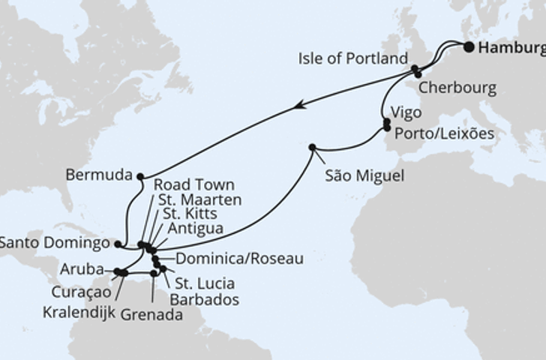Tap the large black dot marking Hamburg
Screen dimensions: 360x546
(x=469, y=46)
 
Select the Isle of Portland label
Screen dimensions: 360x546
(x=352, y=58)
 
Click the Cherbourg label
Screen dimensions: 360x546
(x=457, y=88)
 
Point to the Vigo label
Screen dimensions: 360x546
(x=407, y=112)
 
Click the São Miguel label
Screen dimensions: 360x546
(x=364, y=176)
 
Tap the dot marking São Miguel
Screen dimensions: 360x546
(x=312, y=147)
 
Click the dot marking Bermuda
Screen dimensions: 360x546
(x=140, y=176)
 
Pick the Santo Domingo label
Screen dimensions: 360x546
(x=55, y=243)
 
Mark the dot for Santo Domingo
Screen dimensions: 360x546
(x=118, y=244)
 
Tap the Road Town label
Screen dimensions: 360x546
(x=194, y=184)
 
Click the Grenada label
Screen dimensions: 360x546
(x=152, y=315)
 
